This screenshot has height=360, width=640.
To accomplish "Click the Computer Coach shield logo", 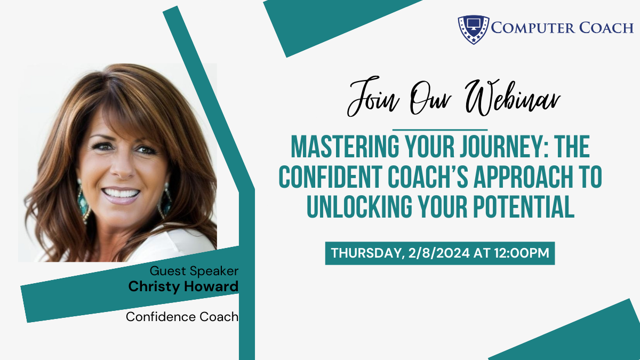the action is click(474, 29).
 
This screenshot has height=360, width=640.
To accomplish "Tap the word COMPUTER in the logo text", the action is click(533, 28).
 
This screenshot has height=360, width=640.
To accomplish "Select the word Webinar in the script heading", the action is click(513, 98).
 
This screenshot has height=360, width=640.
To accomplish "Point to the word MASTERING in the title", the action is click(345, 147).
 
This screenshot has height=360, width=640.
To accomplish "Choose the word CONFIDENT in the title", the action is click(330, 177).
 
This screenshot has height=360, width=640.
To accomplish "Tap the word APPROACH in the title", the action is click(523, 177).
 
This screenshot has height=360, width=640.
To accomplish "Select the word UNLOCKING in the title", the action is click(359, 207).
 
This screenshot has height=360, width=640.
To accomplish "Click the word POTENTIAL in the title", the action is click(524, 207).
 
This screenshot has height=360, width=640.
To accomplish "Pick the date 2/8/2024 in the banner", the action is click(439, 253).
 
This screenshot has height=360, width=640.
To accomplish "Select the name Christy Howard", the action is click(183, 286).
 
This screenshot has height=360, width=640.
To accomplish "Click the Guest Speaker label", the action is click(194, 271).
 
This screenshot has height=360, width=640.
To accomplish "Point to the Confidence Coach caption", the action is click(182, 317).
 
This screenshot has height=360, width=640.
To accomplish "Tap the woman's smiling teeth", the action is click(121, 194).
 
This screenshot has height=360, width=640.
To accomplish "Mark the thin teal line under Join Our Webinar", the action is click(440, 130).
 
